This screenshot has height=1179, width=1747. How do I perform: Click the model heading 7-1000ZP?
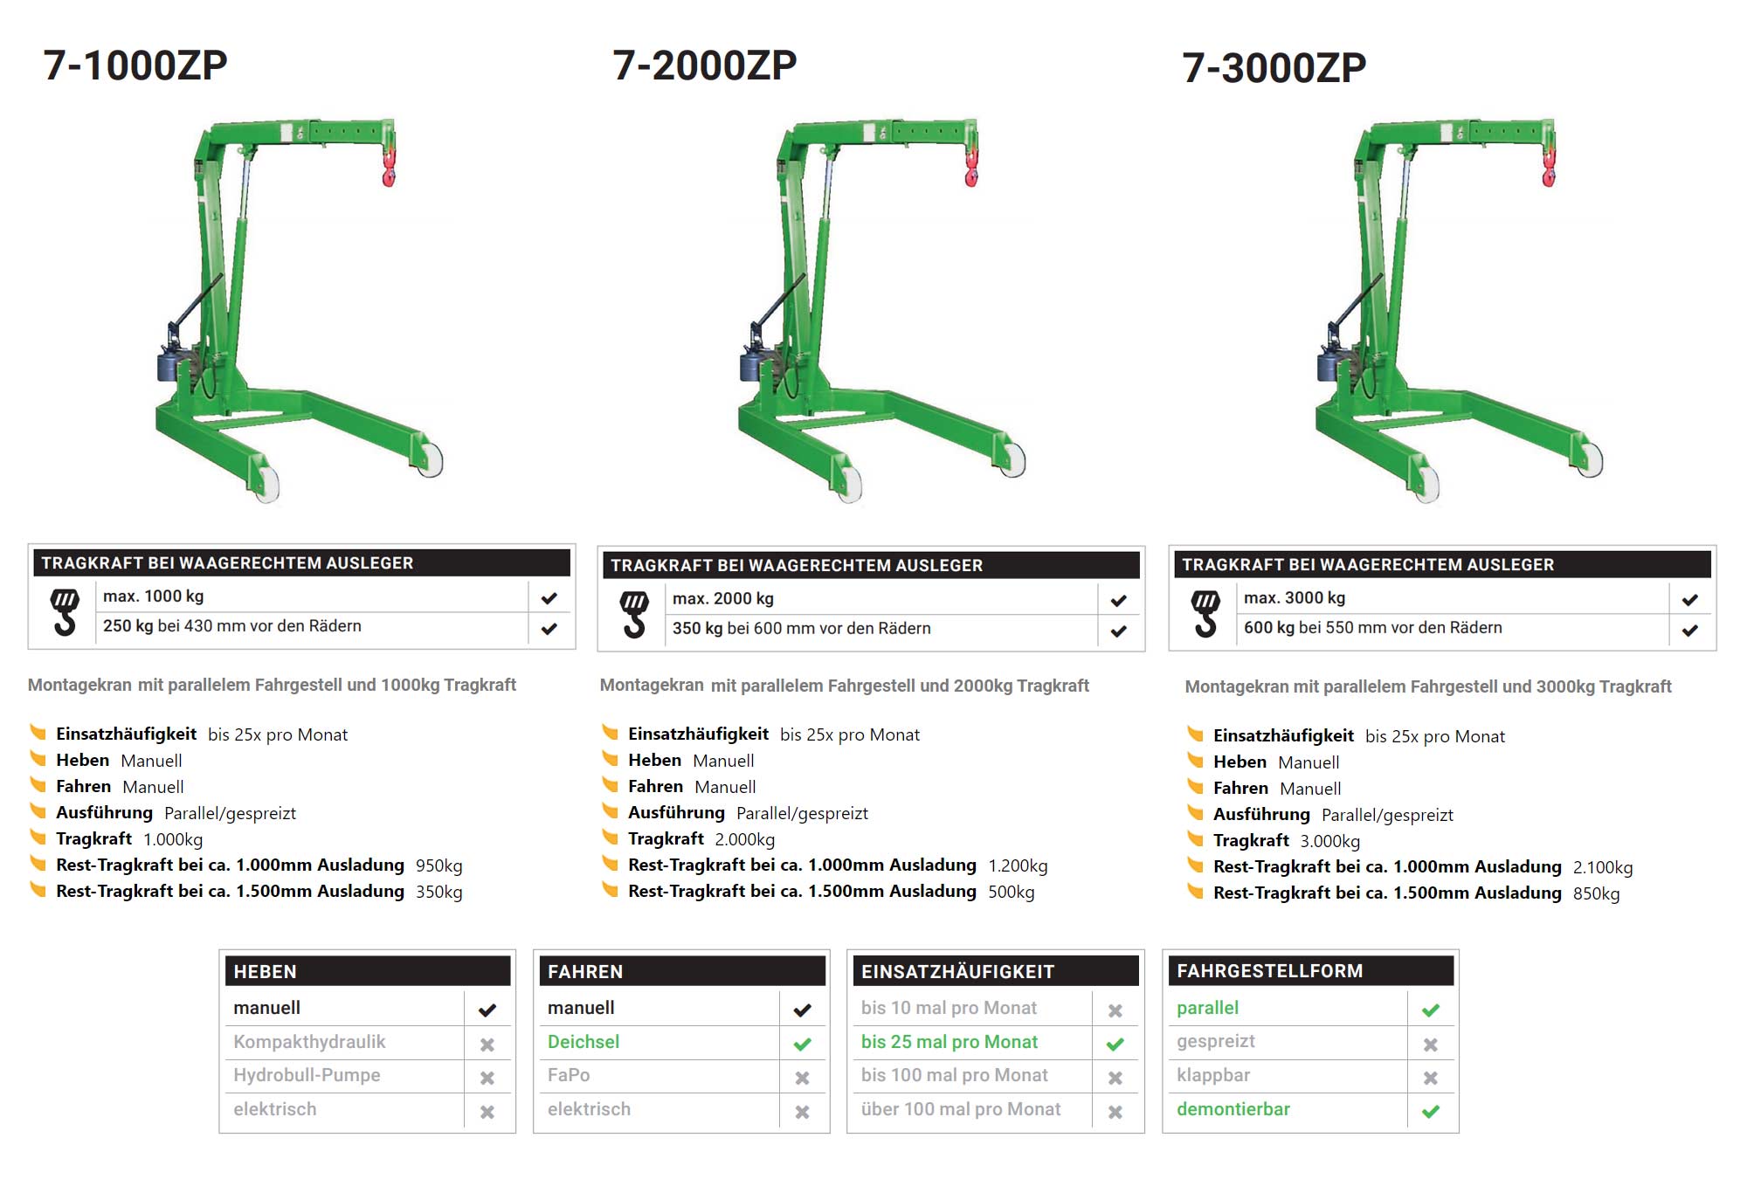click(x=135, y=65)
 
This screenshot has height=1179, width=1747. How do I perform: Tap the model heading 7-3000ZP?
click(x=1274, y=68)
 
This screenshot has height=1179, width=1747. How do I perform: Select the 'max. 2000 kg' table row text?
click(x=722, y=599)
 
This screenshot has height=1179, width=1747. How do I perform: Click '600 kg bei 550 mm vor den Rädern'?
click(x=1372, y=628)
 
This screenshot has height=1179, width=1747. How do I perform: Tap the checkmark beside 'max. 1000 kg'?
click(x=549, y=598)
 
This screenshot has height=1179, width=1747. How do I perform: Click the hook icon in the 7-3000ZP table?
click(x=1205, y=613)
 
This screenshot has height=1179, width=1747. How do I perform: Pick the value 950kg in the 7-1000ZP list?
click(x=438, y=865)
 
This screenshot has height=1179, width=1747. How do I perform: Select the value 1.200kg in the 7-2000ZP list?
click(x=1018, y=865)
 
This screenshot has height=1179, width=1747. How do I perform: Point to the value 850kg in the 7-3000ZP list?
click(x=1596, y=893)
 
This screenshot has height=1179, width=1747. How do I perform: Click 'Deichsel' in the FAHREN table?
click(x=583, y=1042)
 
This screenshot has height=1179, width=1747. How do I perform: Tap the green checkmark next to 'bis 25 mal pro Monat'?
click(x=1115, y=1044)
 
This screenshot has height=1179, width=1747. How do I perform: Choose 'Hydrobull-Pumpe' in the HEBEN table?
click(x=307, y=1075)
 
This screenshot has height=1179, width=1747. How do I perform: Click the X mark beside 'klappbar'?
click(x=1431, y=1078)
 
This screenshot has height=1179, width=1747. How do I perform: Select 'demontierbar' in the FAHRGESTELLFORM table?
click(x=1233, y=1109)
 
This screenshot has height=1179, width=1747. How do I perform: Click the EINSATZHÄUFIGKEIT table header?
click(x=957, y=971)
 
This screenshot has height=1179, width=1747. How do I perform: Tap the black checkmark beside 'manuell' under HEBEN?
click(x=487, y=1010)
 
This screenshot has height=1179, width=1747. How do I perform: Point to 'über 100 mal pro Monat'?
click(x=960, y=1109)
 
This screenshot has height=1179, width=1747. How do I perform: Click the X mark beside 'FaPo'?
click(x=802, y=1078)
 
